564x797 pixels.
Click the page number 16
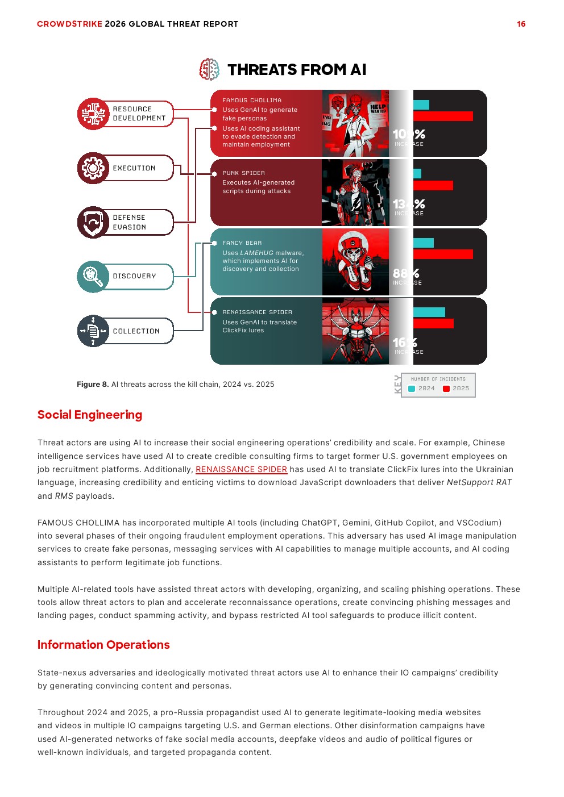point(521,24)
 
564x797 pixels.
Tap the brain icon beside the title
point(209,69)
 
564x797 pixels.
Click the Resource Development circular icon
point(93,114)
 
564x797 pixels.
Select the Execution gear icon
point(93,168)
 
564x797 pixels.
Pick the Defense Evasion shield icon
point(93,222)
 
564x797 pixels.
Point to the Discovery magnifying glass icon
point(93,276)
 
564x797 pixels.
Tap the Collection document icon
point(93,331)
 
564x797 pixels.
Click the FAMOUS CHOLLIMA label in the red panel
point(252,101)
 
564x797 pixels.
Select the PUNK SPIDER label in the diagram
point(243,173)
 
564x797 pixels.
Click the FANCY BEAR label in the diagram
point(242,243)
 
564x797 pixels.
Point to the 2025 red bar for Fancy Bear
point(443,254)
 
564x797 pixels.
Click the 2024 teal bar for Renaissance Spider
point(429,312)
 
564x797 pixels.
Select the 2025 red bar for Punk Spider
point(433,185)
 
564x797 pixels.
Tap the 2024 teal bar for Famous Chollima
point(421,105)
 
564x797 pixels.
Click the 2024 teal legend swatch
point(412,389)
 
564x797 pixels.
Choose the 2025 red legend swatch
point(446,389)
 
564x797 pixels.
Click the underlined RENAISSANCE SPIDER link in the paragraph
point(241,469)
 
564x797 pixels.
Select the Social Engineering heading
point(90,415)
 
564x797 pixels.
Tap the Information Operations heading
point(103,645)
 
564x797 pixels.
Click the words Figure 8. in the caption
point(93,385)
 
